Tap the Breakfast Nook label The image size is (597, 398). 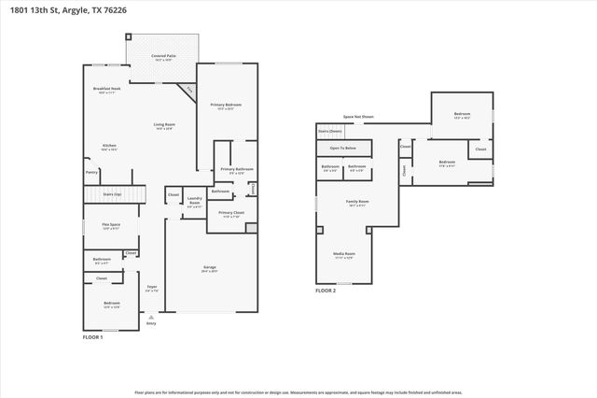[107, 89]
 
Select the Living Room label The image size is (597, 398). [165, 125]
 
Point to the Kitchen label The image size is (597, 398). [109, 146]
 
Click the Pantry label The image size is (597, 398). [91, 172]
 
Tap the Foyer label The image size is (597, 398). [152, 287]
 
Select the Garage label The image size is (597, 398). [210, 268]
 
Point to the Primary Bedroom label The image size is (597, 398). [226, 105]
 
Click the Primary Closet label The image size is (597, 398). [231, 213]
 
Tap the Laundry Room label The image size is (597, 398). [195, 200]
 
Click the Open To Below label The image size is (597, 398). [342, 148]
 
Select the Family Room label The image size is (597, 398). [357, 202]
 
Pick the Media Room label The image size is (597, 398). [344, 254]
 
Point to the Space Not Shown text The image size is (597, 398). [358, 117]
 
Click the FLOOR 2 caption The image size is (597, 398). [326, 291]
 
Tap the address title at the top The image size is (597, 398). [62, 7]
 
